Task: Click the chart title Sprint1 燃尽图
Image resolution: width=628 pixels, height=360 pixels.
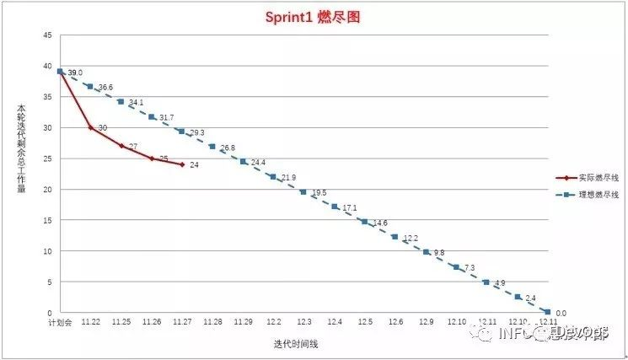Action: tap(314, 17)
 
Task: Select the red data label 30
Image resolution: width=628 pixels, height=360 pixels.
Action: tap(102, 127)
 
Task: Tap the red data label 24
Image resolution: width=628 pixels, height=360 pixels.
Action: tap(194, 164)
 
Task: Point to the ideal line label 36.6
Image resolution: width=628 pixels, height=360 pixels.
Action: tap(105, 88)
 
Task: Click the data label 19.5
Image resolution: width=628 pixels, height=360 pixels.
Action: tap(319, 193)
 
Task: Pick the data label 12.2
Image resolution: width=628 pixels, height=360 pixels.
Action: tap(411, 239)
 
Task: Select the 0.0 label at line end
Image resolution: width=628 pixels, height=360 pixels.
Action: tap(561, 313)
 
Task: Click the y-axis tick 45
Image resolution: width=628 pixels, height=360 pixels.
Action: tap(47, 35)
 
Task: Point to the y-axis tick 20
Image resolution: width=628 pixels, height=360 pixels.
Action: tap(47, 189)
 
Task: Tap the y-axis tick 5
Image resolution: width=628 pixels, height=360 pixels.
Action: tap(49, 282)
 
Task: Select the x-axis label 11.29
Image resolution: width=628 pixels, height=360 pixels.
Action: tap(243, 322)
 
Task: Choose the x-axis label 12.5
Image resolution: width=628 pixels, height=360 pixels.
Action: tap(365, 322)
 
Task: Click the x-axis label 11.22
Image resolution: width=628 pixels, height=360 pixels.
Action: tap(90, 322)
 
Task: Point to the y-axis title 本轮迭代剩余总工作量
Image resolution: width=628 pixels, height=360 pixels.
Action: tap(20, 159)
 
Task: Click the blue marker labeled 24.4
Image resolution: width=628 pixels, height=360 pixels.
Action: tap(243, 161)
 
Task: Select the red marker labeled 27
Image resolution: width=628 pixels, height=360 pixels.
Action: tap(121, 146)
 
